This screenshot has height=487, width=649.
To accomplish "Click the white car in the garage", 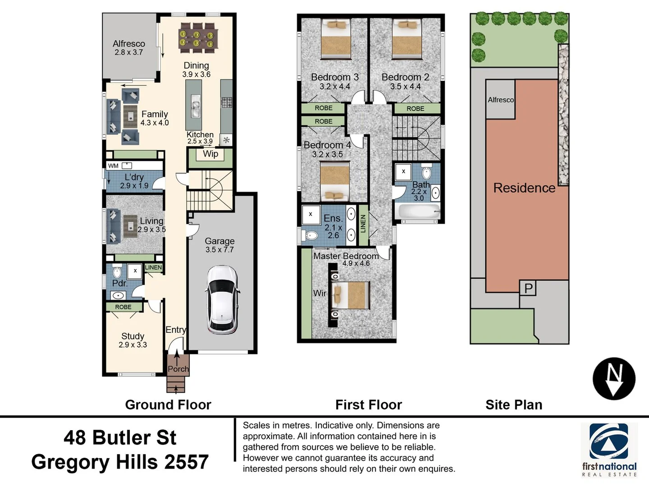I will [222, 299].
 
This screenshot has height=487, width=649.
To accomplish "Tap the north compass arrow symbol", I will [614, 379].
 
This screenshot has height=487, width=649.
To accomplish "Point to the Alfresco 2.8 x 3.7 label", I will [129, 48].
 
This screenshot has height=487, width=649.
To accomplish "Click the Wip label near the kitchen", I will [210, 154].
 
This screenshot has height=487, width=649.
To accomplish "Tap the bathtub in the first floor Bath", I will [416, 211].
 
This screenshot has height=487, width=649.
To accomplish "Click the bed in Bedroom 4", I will [334, 182].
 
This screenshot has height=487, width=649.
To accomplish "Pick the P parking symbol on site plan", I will [528, 288].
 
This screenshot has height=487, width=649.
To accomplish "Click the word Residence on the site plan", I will [524, 188].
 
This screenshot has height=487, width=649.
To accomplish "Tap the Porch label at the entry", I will [178, 369].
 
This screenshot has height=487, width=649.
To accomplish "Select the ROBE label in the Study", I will [123, 307].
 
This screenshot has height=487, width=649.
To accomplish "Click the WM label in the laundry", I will [113, 166].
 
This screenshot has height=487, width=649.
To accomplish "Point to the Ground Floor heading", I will [168, 405].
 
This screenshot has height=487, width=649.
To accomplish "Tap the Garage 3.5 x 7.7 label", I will [219, 245].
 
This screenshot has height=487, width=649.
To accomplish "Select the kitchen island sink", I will [195, 106].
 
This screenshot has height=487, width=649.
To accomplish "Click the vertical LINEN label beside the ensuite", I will [363, 224].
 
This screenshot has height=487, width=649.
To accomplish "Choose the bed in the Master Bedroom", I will [350, 295].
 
